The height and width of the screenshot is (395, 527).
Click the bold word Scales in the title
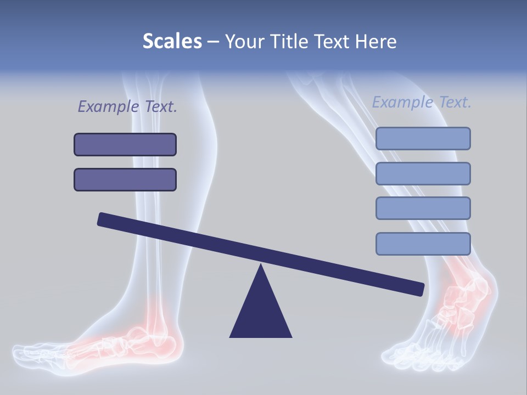click(x=172, y=41)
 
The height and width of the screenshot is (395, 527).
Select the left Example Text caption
click(x=127, y=106)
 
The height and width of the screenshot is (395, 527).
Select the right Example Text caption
click(x=422, y=102)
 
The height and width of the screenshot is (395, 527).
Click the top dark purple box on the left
click(x=125, y=144)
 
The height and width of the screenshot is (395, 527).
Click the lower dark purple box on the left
click(x=125, y=179)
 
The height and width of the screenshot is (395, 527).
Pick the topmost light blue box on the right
click(x=423, y=138)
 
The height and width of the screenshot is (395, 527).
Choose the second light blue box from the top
click(x=423, y=173)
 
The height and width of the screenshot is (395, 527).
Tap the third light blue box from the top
click(x=423, y=208)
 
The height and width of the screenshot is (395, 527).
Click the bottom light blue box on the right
click(x=423, y=244)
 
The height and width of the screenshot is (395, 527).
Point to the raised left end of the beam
click(x=104, y=219)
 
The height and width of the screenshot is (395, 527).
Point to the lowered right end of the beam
click(x=417, y=289)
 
